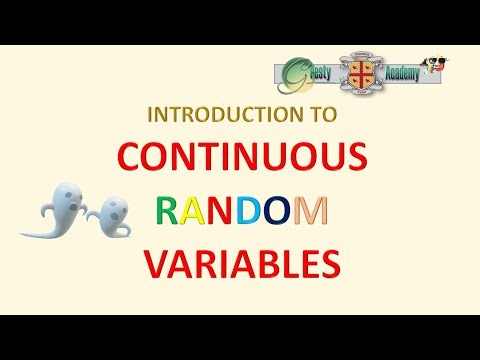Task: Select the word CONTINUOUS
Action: [239, 160]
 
